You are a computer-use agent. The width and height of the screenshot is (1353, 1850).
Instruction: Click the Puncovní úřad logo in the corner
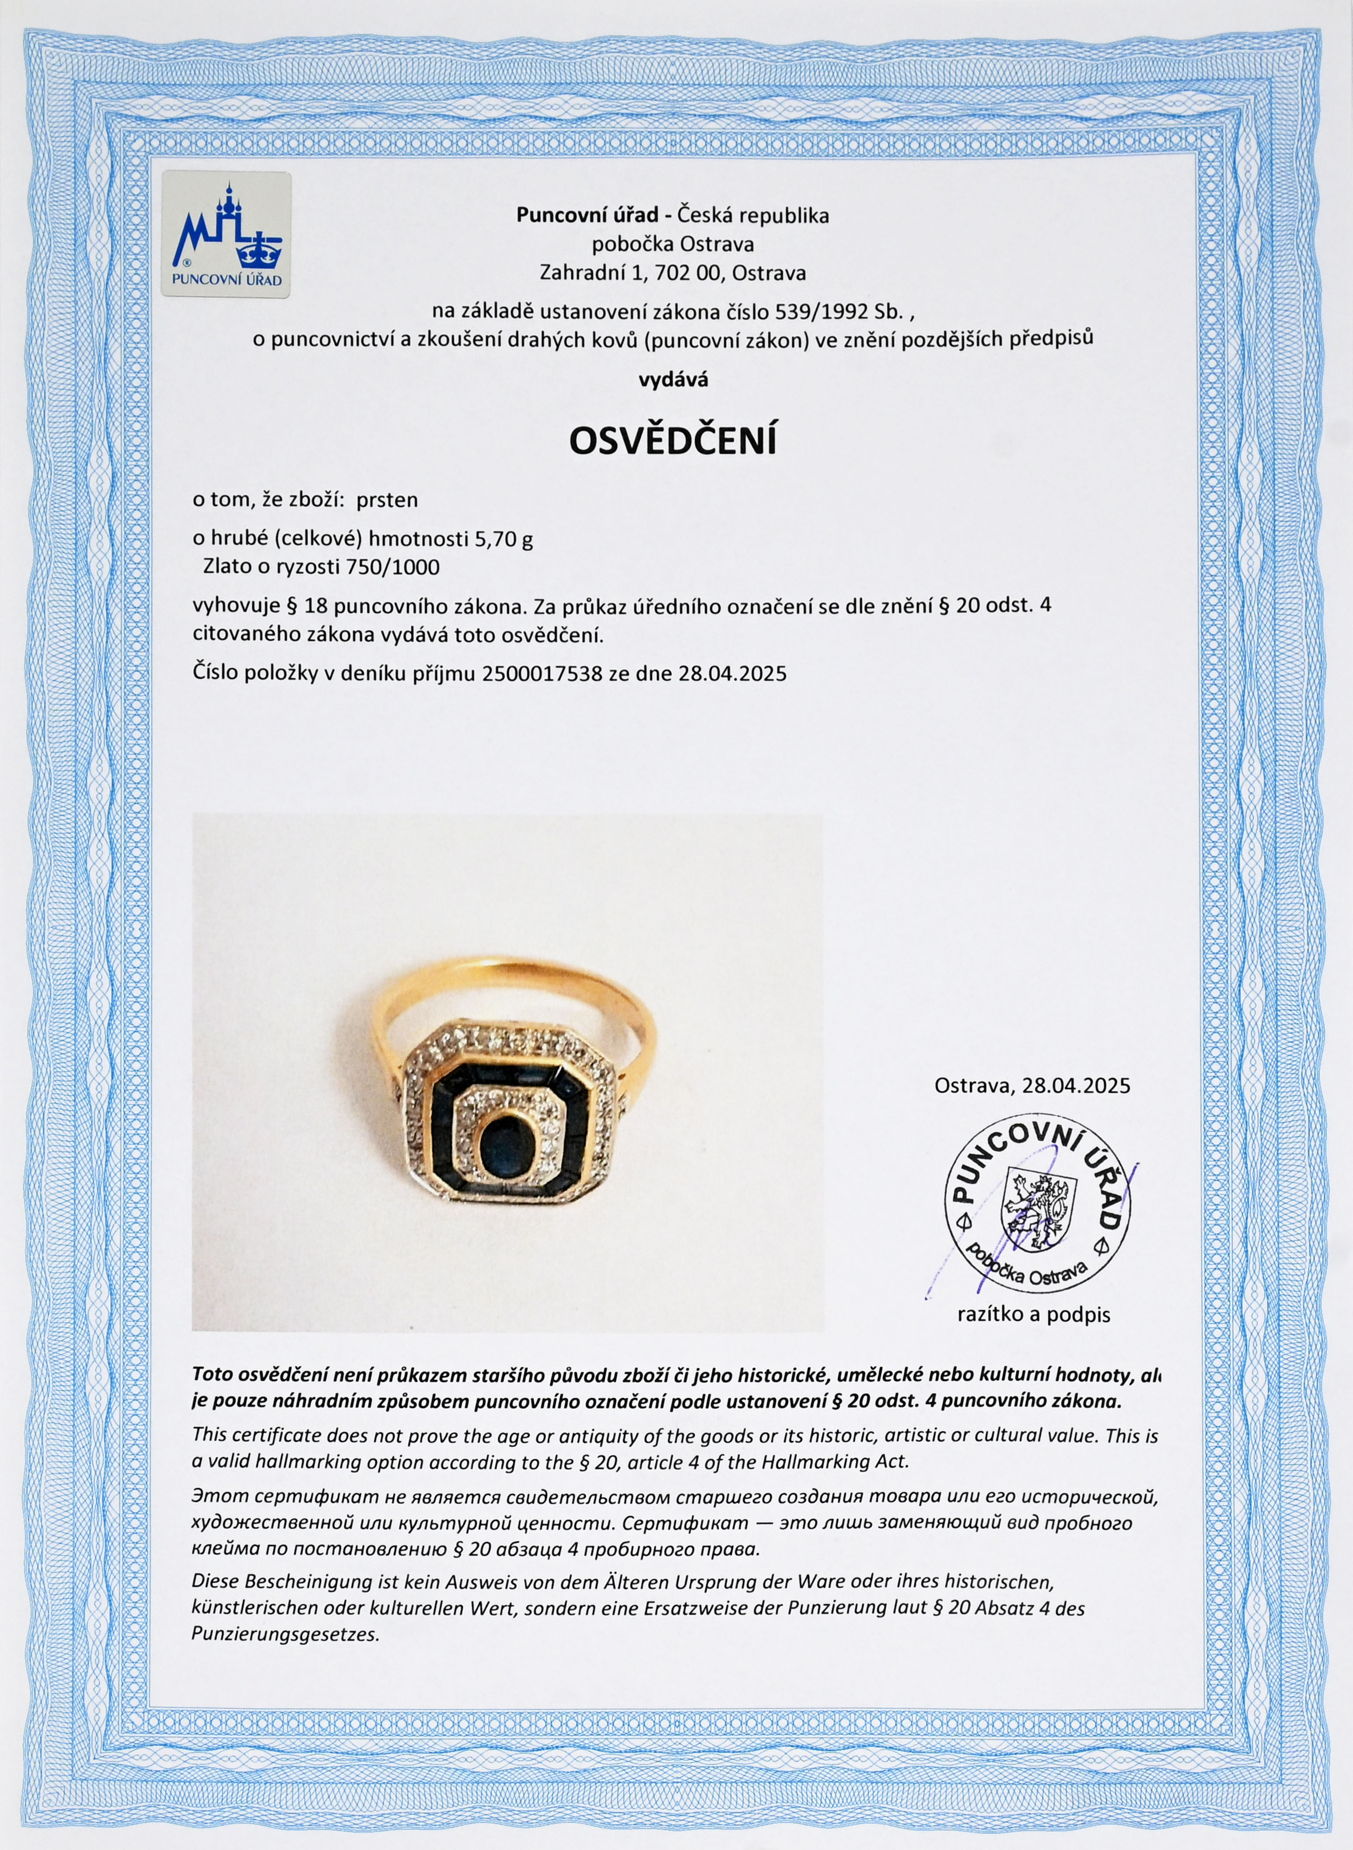[x=226, y=234]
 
